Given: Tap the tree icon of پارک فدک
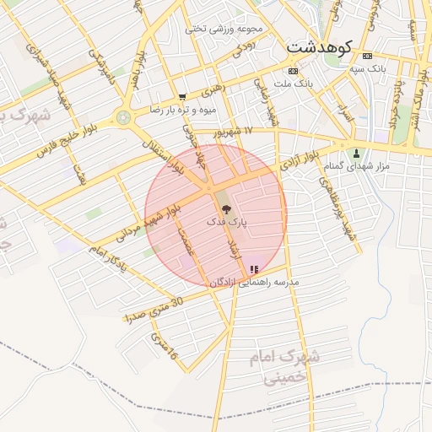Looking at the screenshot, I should (224, 207).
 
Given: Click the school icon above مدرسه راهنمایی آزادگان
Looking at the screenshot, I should (254, 269).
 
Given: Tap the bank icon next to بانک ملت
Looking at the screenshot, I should (293, 71).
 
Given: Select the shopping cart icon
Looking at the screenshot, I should (182, 97).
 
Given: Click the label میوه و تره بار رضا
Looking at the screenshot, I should (183, 110).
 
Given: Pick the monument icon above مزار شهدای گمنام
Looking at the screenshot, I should (357, 154).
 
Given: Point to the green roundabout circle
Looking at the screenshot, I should (125, 117).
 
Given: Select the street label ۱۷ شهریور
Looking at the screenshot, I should (245, 132).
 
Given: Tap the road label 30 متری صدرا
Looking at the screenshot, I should (153, 310).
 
